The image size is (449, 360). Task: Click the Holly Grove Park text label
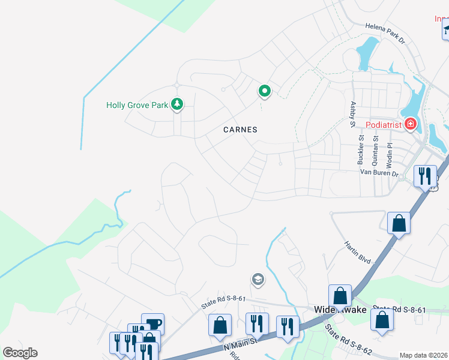click(x=137, y=105)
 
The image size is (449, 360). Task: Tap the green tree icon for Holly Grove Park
click(x=176, y=104)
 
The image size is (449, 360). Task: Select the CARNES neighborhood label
click(x=240, y=130)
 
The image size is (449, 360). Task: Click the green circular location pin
click(x=264, y=91)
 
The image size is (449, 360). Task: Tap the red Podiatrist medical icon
click(x=411, y=124)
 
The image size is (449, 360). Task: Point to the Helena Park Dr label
click(x=386, y=32)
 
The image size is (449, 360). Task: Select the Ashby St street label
click(x=352, y=114)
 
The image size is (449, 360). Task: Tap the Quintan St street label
click(x=376, y=150)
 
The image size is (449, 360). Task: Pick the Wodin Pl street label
click(x=390, y=154)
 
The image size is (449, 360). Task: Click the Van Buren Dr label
click(x=379, y=173)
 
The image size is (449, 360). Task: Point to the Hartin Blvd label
click(x=357, y=253)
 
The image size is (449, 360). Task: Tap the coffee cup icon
click(x=152, y=323)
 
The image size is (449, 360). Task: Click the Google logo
click(x=20, y=353)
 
